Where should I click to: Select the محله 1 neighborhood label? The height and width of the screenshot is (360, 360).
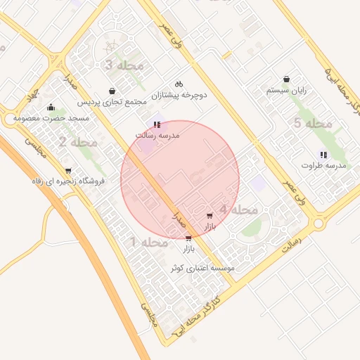coord(148,243)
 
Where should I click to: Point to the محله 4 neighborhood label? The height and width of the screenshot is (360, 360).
coord(238,210)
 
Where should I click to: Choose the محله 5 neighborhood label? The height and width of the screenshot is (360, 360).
coord(312,124)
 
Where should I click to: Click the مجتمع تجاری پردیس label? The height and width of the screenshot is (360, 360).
coord(112,103)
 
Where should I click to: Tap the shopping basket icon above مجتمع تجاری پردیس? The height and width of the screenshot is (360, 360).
coord(112,91)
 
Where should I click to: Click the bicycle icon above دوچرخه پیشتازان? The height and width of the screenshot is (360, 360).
coord(179,82)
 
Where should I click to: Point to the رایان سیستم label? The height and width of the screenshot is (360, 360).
coord(285,91)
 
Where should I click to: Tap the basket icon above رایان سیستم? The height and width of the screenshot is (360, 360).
coord(286,79)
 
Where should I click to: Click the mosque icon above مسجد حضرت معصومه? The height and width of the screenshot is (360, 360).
coord(51,108)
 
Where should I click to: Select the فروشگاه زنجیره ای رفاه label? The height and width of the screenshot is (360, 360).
coord(68,181)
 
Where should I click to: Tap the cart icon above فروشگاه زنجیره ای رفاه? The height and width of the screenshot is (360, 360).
coord(68,170)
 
